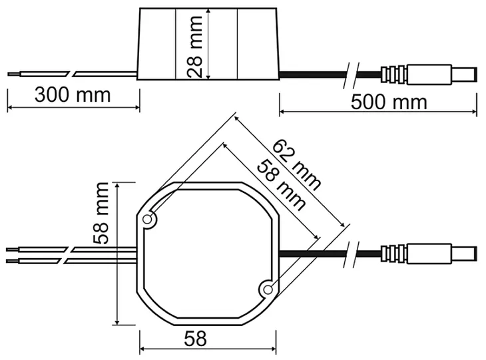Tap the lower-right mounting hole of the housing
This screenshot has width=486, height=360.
point(267,289)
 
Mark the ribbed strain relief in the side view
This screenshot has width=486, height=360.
point(393,74)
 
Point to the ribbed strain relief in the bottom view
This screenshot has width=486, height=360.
point(393,253)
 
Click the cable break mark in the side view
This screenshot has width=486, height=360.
point(351,74)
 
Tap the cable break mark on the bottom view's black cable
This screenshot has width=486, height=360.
point(351,253)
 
